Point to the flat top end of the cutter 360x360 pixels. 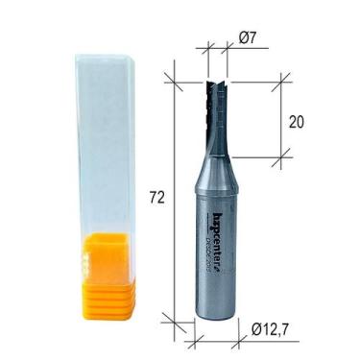click(219, 81)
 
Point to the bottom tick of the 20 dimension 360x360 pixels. click(280, 153)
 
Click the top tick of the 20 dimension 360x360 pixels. click(280, 81)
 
